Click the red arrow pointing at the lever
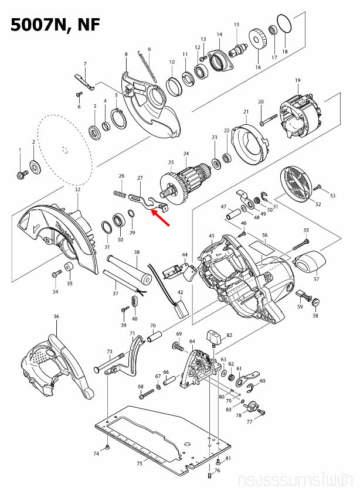tap(161, 217)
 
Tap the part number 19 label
tap(298, 80)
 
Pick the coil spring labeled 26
tap(119, 194)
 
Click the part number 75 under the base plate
tap(139, 463)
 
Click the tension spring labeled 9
tap(147, 66)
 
